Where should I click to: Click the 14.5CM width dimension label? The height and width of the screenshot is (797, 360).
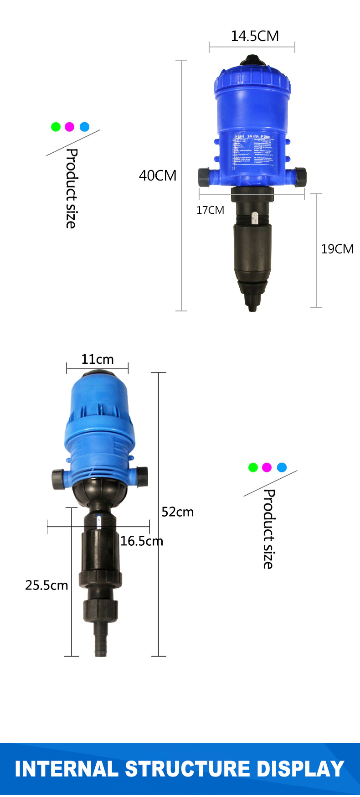254,36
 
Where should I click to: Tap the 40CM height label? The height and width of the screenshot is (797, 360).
157,176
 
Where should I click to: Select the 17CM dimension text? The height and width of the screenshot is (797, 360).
210,210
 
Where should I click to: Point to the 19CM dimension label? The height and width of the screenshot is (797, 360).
337,249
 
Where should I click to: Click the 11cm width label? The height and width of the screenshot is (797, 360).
97,359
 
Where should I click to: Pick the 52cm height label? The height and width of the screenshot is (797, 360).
177,512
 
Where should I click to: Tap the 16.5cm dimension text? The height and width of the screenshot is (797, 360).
141,541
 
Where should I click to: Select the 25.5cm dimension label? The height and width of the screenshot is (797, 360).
46,585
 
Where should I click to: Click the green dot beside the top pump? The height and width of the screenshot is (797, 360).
56,127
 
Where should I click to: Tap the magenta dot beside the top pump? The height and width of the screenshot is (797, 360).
69,127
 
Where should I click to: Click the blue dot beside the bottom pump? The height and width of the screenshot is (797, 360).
282,467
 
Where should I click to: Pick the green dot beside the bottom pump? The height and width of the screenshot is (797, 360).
253,467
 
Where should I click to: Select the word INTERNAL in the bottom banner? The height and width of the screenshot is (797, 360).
67,769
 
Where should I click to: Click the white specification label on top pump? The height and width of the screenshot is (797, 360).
253,150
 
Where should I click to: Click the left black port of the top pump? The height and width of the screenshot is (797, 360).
204,176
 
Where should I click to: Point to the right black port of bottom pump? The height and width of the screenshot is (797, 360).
142,476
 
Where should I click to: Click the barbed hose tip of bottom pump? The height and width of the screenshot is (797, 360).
100,641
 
